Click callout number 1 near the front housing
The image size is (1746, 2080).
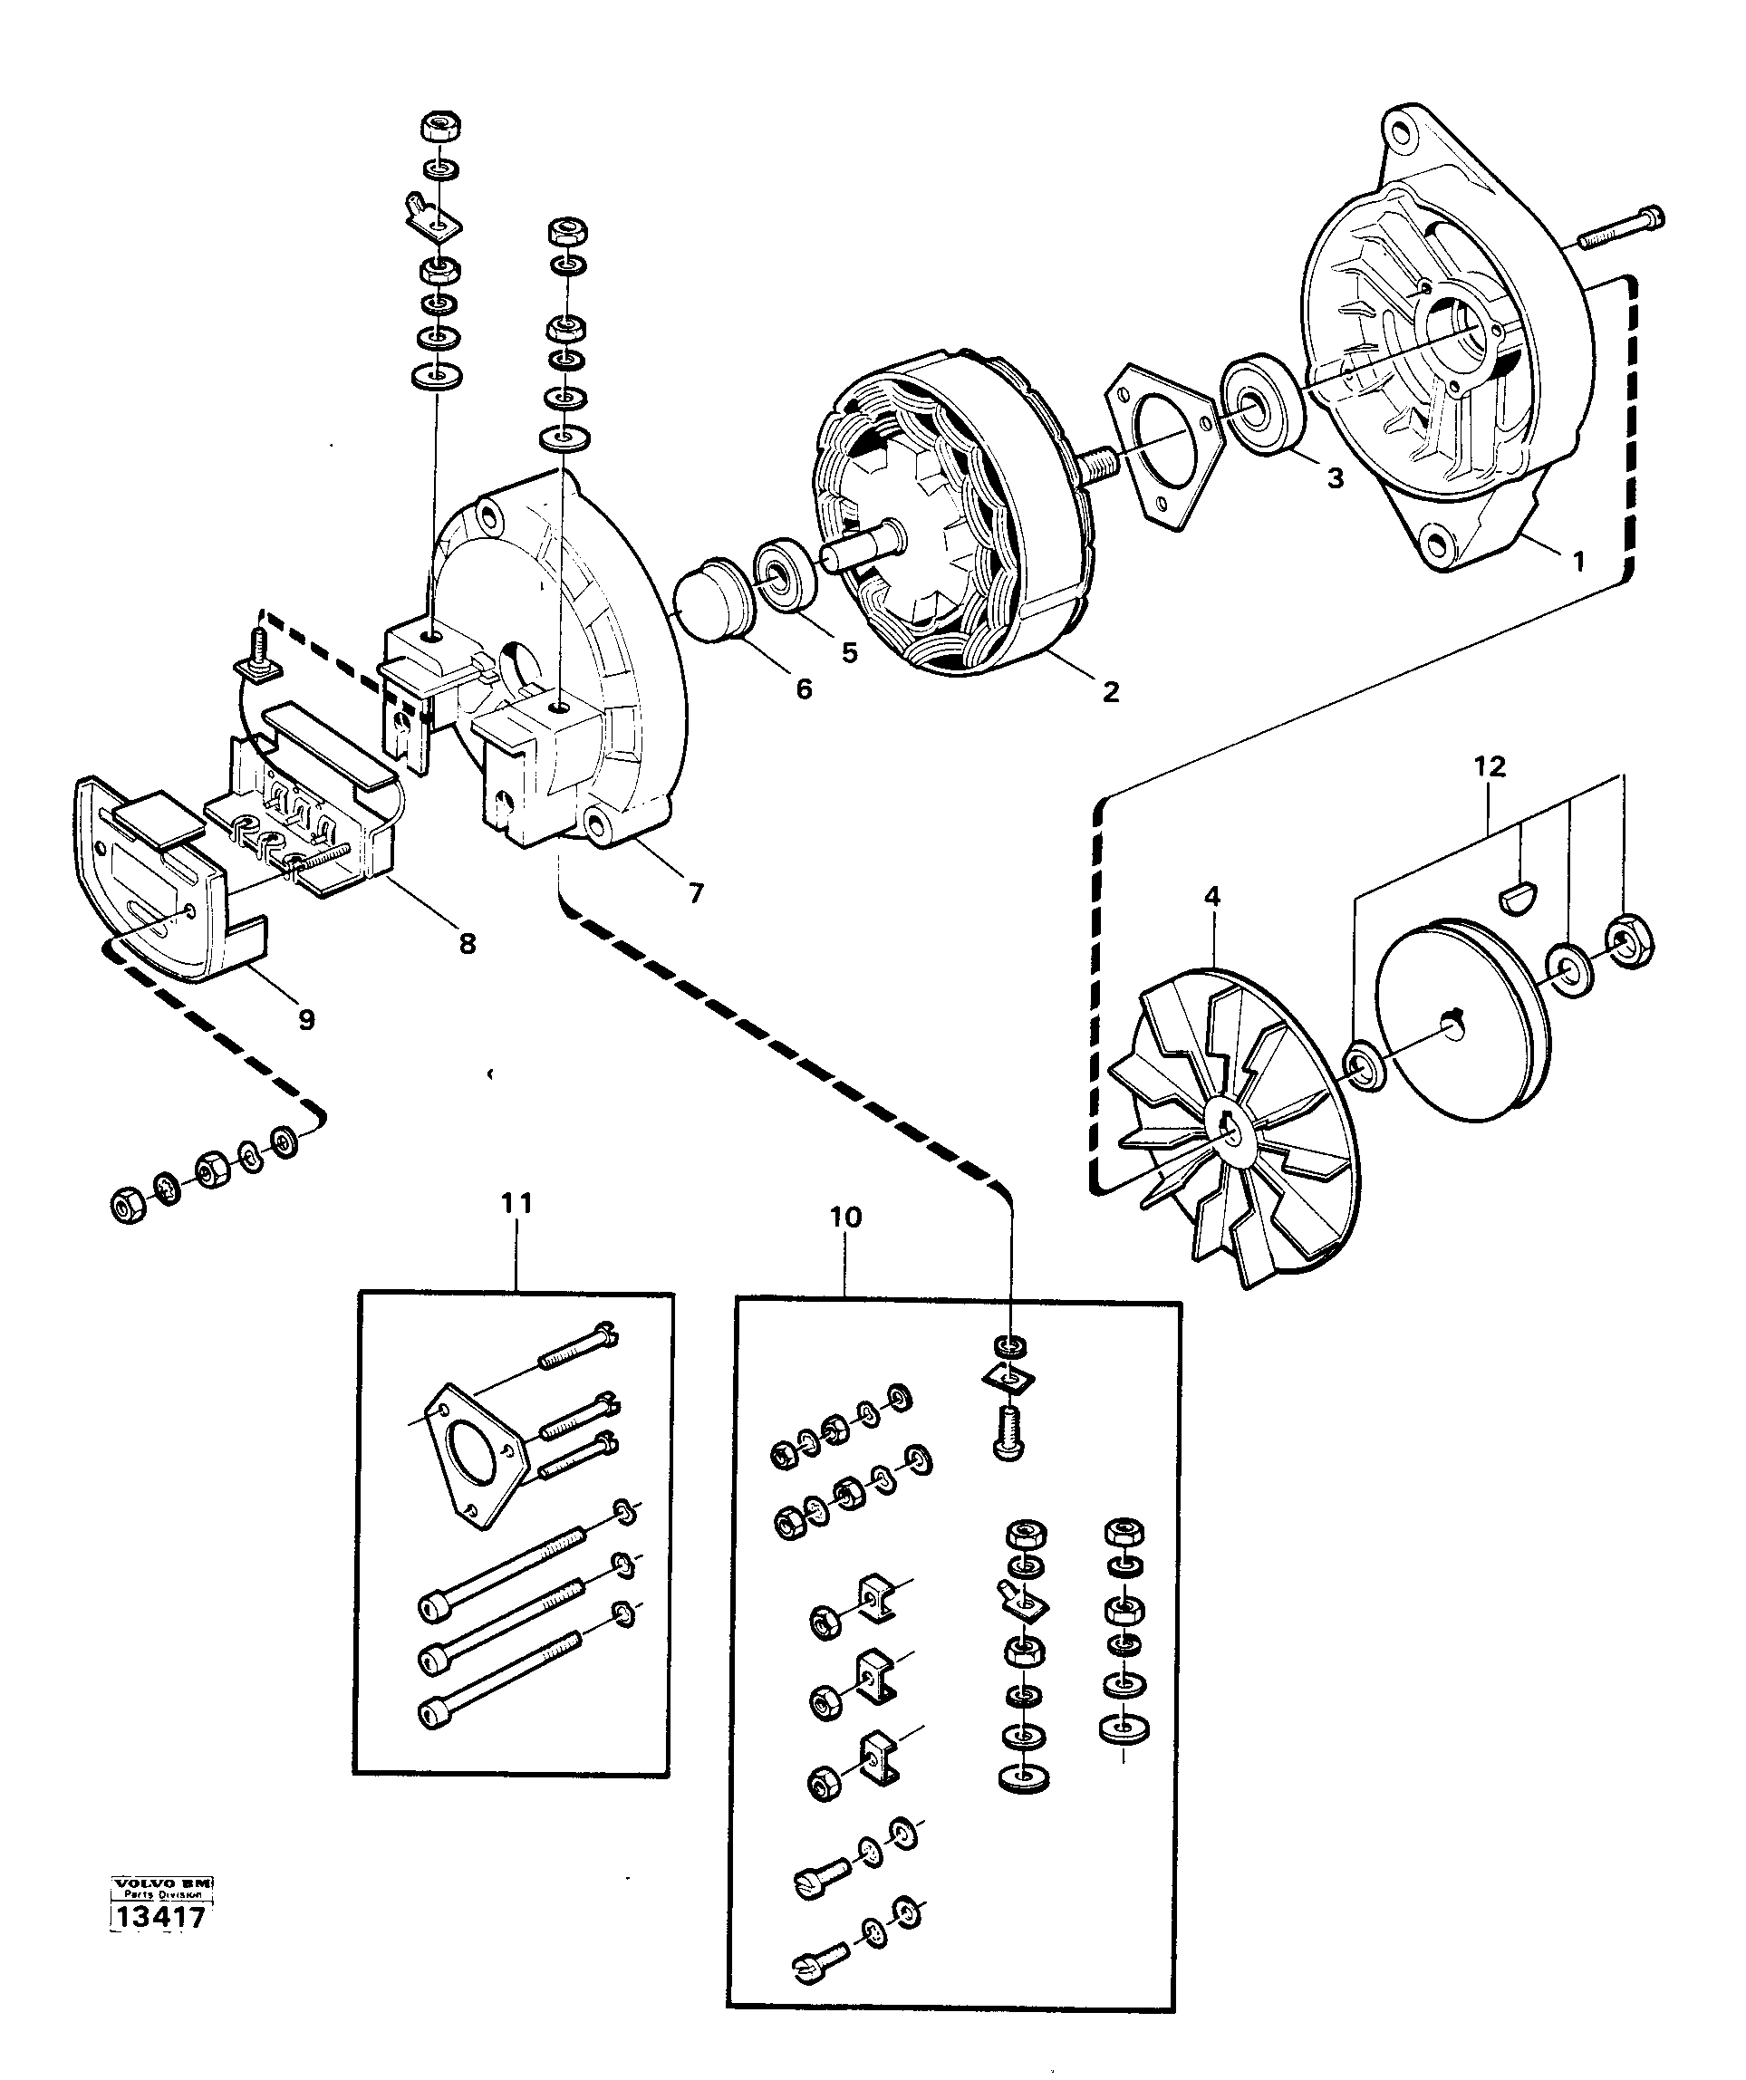(x=1577, y=561)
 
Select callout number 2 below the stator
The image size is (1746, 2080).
(x=1110, y=691)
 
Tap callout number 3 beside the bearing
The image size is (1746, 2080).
(x=1335, y=478)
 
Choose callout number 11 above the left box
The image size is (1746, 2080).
(x=516, y=1202)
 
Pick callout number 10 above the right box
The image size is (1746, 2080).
(x=845, y=1217)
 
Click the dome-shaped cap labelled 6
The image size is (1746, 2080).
(x=712, y=602)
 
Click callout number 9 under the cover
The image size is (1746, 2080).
(x=306, y=1019)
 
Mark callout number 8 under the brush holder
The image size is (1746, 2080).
(x=467, y=943)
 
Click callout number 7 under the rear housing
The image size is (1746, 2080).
(x=696, y=892)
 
